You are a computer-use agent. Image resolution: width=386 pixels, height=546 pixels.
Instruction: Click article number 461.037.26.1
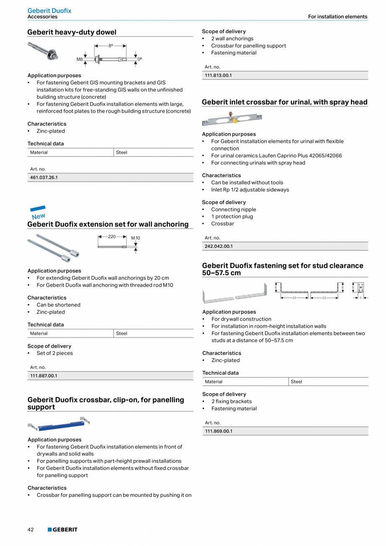(x=44, y=178)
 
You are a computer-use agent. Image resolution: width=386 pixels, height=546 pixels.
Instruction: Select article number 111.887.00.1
(x=44, y=376)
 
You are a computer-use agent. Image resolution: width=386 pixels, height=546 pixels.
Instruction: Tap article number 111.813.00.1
(x=218, y=76)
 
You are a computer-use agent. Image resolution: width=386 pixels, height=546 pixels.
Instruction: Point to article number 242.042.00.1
(x=219, y=247)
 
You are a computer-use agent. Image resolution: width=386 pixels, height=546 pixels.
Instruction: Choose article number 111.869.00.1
(x=219, y=431)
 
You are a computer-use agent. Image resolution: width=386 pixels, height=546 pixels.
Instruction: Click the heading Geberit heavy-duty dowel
(x=72, y=32)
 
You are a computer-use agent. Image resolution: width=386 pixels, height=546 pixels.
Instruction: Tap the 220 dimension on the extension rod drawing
(x=112, y=237)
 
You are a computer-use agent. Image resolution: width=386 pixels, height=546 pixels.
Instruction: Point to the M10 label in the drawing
(x=136, y=238)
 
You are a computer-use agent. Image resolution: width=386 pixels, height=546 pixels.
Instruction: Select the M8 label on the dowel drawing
(x=79, y=60)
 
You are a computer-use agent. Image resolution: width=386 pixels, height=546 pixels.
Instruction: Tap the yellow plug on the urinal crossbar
(x=235, y=121)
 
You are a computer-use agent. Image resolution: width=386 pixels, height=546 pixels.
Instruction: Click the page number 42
(x=31, y=530)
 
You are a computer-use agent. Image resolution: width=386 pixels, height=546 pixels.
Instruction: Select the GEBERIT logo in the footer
(x=63, y=530)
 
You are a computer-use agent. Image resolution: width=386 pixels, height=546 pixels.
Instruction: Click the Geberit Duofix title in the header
(x=49, y=10)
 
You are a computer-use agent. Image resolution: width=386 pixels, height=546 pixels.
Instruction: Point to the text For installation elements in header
(x=337, y=17)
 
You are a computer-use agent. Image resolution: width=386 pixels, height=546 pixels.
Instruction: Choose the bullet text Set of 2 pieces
(x=55, y=353)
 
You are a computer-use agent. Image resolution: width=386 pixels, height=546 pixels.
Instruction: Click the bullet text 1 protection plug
(x=232, y=217)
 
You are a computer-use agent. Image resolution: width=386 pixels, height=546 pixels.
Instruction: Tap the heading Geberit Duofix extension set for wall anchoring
(x=108, y=224)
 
